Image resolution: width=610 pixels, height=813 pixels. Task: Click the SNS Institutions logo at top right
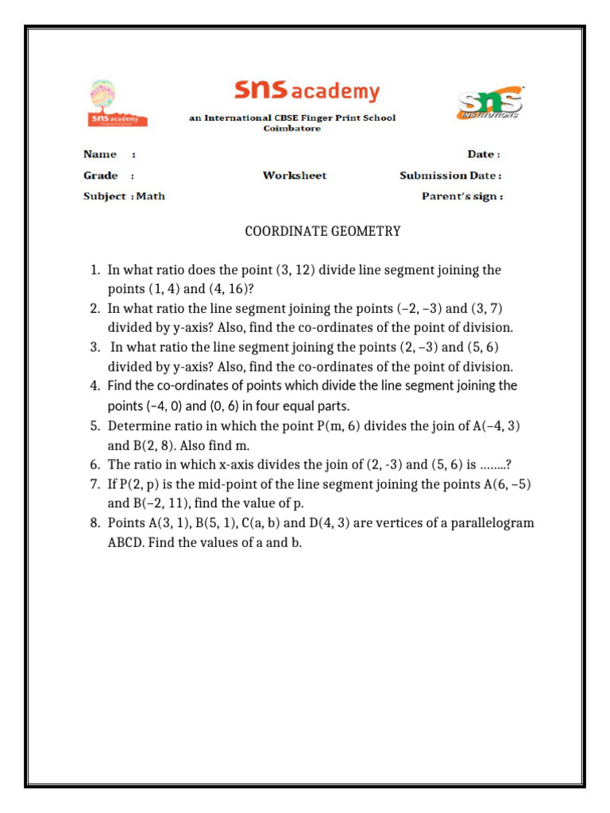click(x=489, y=104)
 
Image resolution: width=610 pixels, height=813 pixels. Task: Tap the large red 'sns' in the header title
click(x=261, y=91)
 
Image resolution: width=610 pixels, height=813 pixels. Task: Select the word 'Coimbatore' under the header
click(x=292, y=129)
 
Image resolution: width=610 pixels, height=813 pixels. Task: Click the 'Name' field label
click(x=100, y=154)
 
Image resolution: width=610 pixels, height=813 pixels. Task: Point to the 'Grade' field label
click(x=101, y=175)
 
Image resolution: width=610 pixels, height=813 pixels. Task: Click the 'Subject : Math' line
click(x=124, y=196)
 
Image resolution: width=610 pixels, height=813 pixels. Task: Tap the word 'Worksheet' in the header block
click(x=295, y=175)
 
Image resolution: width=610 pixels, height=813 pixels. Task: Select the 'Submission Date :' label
click(x=450, y=175)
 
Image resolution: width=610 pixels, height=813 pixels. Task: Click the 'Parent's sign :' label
click(x=461, y=196)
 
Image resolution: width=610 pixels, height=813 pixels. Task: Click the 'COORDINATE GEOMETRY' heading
click(x=322, y=232)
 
